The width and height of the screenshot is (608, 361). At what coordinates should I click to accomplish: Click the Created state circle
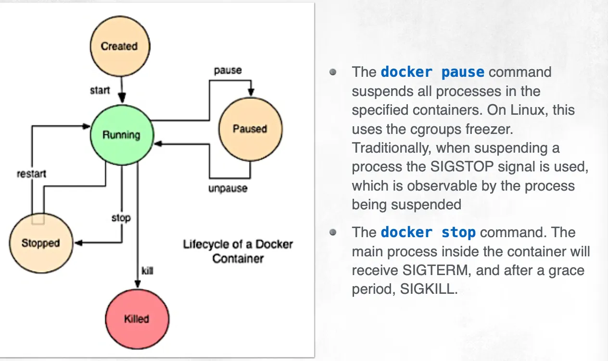120,46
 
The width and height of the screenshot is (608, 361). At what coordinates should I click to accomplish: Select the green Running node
122,135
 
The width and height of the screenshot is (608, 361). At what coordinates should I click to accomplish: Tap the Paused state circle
250,129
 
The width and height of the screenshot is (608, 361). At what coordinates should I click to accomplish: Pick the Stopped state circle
40,243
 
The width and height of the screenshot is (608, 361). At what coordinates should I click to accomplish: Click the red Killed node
137,319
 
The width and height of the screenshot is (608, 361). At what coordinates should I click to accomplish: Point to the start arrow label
100,90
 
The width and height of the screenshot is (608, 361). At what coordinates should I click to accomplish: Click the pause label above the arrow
228,70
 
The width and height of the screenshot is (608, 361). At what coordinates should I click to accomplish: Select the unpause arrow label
228,188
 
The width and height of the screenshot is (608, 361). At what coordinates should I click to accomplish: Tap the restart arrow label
31,173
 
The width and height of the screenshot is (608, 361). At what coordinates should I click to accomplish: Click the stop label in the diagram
121,218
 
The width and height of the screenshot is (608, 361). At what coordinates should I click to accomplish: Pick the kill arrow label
148,271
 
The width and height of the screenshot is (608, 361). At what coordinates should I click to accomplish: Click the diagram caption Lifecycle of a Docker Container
238,251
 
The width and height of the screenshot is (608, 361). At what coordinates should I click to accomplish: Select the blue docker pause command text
432,72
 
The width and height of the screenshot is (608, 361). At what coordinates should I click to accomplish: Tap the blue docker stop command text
428,233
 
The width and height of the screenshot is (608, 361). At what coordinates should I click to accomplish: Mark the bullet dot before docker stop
332,232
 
